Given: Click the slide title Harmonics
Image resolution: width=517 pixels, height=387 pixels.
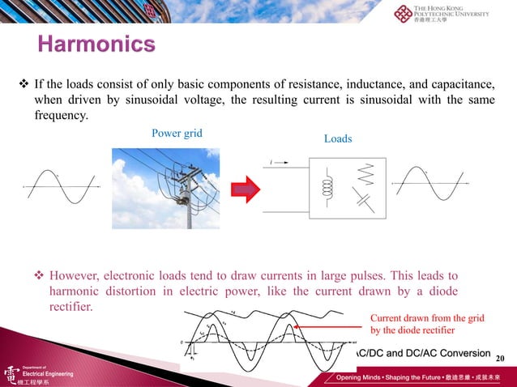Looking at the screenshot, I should coord(96,43).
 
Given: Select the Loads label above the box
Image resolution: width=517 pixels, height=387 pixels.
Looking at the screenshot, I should coord(338,138).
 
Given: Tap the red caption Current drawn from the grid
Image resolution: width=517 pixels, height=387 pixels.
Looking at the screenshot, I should coord(427,318).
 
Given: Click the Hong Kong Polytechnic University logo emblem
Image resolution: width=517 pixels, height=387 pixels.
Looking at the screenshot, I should coord(403,15).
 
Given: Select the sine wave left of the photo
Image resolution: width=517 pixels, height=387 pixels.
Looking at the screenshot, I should coord(62,187).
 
